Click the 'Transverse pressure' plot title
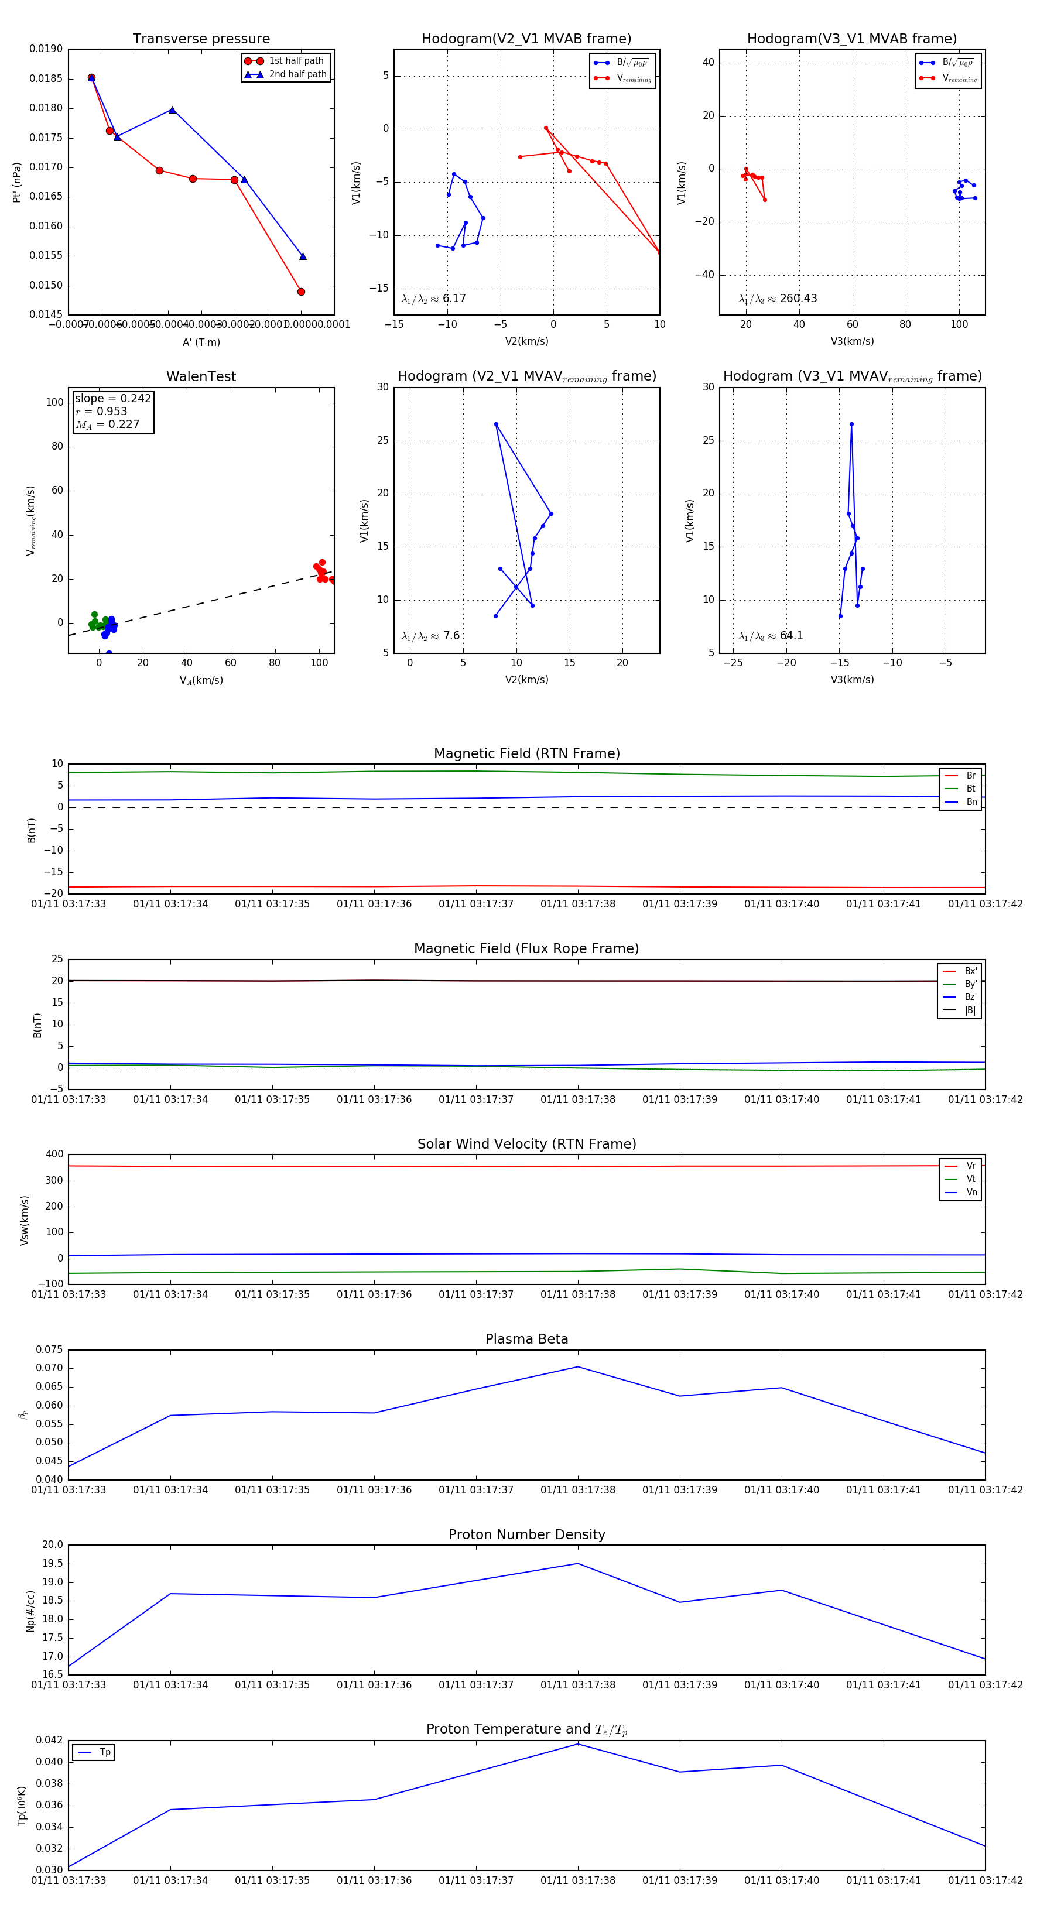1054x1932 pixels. coord(201,39)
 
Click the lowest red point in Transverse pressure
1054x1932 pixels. coord(301,292)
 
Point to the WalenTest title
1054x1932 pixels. coord(201,376)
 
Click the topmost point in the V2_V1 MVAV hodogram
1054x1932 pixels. coord(496,424)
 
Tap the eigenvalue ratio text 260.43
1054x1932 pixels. coord(798,299)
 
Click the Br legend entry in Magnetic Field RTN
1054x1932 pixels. coord(970,776)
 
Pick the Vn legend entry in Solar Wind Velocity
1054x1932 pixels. coord(971,1193)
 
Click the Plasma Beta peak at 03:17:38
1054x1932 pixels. coord(577,1367)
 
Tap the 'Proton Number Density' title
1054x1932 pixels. coord(526,1535)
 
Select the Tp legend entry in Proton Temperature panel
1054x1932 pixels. coord(104,1753)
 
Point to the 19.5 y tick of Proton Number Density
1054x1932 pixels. coord(53,1564)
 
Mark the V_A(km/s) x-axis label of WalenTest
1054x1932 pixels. coord(201,680)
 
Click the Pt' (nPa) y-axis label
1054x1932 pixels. coord(17,182)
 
